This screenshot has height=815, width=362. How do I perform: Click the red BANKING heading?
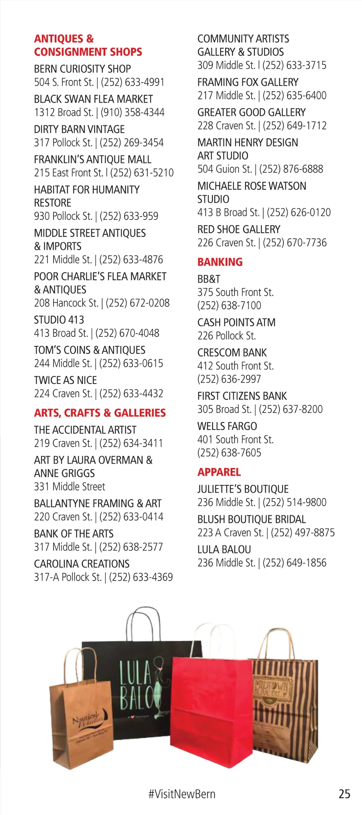click(220, 262)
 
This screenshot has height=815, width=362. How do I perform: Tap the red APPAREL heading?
click(219, 472)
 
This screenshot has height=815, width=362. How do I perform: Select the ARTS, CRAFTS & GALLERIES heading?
click(100, 413)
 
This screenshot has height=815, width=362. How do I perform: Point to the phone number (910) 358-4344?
click(133, 112)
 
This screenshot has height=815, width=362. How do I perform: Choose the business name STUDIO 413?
click(59, 320)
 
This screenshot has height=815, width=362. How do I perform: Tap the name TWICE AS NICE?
click(65, 380)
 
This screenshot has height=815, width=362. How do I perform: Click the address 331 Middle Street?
click(69, 487)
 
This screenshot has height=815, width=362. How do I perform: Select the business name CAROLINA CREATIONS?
click(81, 564)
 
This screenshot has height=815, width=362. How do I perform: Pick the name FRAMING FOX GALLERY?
click(248, 82)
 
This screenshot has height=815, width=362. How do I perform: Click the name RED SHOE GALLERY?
click(239, 229)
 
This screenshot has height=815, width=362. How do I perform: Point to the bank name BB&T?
click(209, 279)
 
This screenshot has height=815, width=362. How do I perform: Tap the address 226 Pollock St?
click(226, 336)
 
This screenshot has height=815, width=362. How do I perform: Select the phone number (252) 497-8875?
click(303, 533)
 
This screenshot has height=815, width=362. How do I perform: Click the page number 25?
click(344, 794)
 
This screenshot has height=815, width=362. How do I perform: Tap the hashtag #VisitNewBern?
click(182, 794)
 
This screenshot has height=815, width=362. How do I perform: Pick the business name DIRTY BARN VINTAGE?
click(79, 129)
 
